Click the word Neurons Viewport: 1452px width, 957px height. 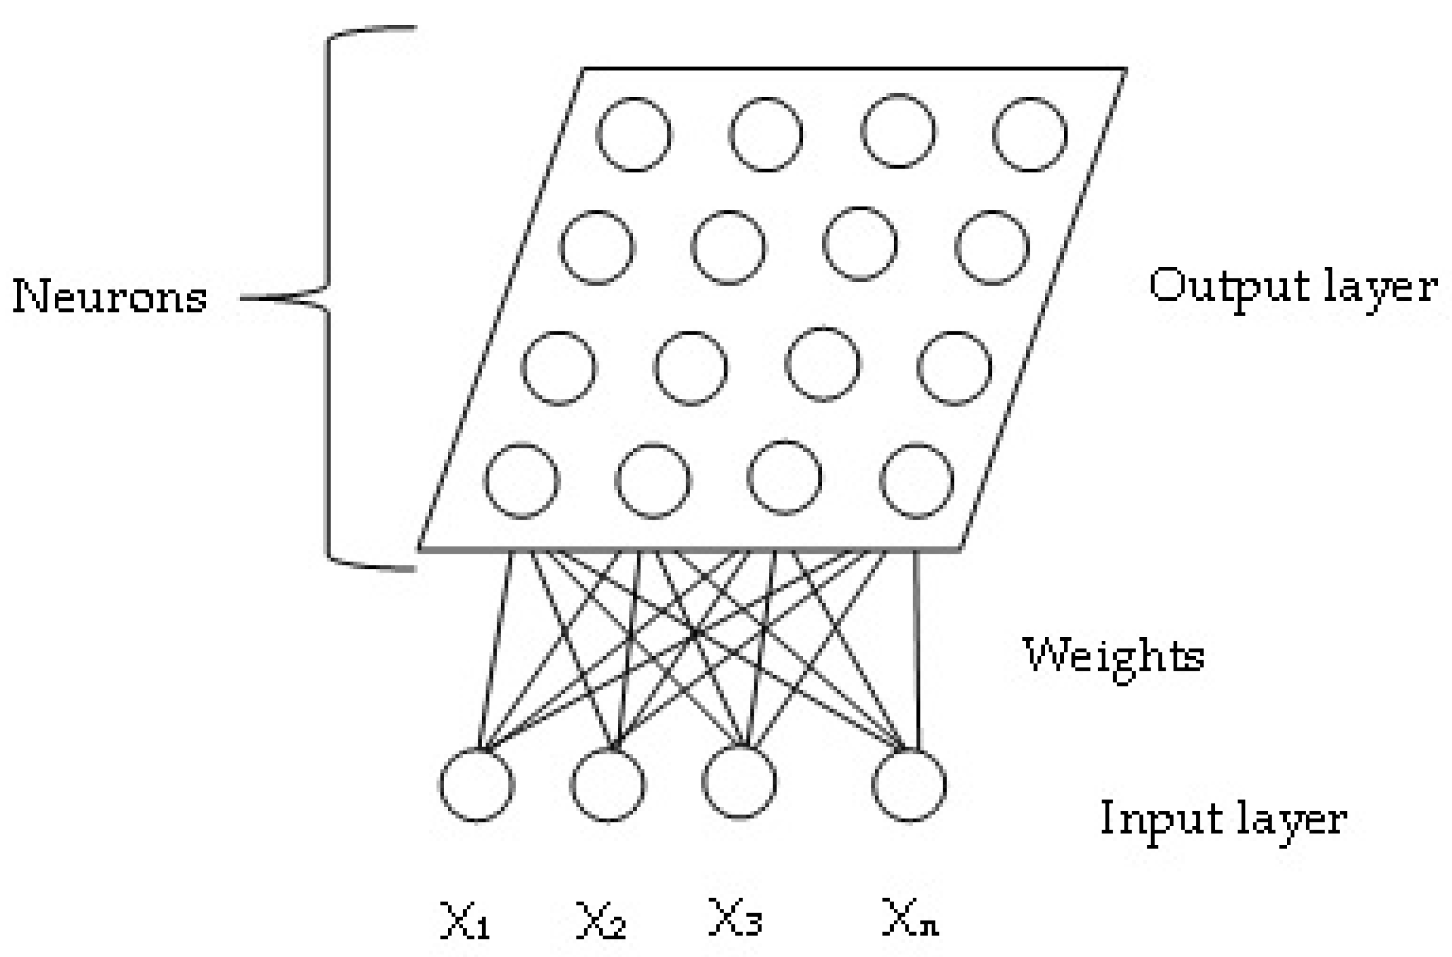110,297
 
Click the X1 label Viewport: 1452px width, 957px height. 465,919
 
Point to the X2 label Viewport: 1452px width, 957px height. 601,919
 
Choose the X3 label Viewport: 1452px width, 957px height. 734,917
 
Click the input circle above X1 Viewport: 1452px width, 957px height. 476,783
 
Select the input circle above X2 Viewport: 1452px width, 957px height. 608,783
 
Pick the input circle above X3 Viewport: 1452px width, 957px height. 739,782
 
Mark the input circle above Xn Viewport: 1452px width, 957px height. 910,783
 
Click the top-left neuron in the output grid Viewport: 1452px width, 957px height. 634,134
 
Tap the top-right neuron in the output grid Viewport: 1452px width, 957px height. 1030,134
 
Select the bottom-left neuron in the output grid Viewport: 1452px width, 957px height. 522,481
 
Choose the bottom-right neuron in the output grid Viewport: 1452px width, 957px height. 917,481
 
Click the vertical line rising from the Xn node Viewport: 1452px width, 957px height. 916,647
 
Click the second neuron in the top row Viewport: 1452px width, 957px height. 766,134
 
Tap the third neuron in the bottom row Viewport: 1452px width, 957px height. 785,478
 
